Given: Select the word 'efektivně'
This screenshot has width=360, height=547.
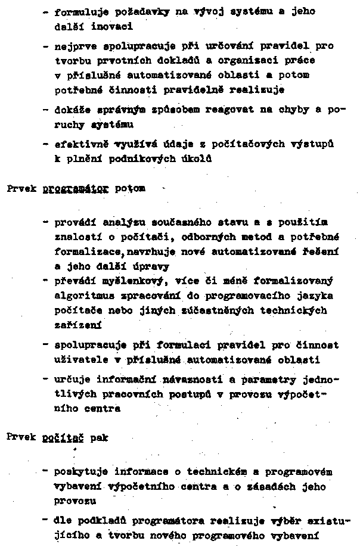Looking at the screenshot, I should [75, 144].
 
